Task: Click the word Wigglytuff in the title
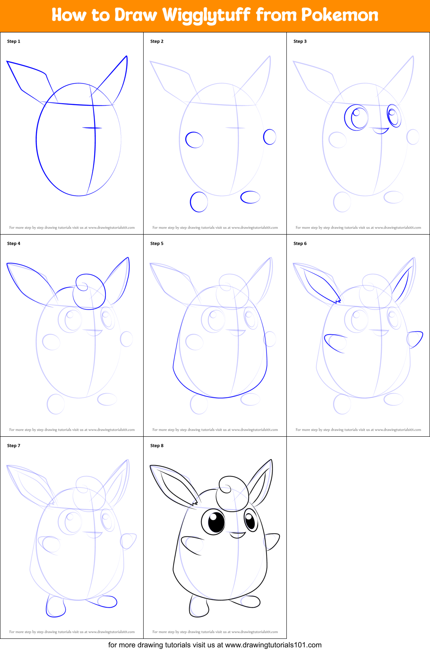[206, 15]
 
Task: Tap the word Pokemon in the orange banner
[340, 15]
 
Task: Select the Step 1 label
[13, 41]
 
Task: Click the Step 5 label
[157, 243]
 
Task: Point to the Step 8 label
[157, 446]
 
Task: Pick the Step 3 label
[300, 41]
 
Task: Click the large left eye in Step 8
[214, 522]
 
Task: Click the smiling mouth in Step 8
[237, 535]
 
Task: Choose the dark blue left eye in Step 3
[357, 117]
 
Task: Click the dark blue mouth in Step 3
[381, 130]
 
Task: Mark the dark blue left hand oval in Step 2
[194, 140]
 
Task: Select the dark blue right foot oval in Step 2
[250, 197]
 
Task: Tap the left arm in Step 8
[192, 544]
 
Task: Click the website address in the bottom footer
[273, 645]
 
